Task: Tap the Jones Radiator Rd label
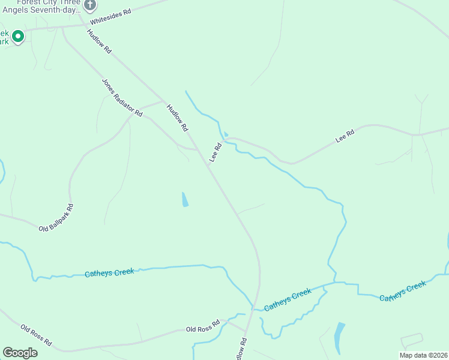122,97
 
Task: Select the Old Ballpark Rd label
56,218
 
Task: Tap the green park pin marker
18,37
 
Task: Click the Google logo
20,352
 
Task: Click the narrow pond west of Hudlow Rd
185,199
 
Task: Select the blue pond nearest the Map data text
339,337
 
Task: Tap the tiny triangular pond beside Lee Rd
226,134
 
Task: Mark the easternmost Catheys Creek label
403,290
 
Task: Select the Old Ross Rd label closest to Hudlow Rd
203,326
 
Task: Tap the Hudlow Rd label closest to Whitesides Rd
99,42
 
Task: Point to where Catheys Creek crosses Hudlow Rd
255,307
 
